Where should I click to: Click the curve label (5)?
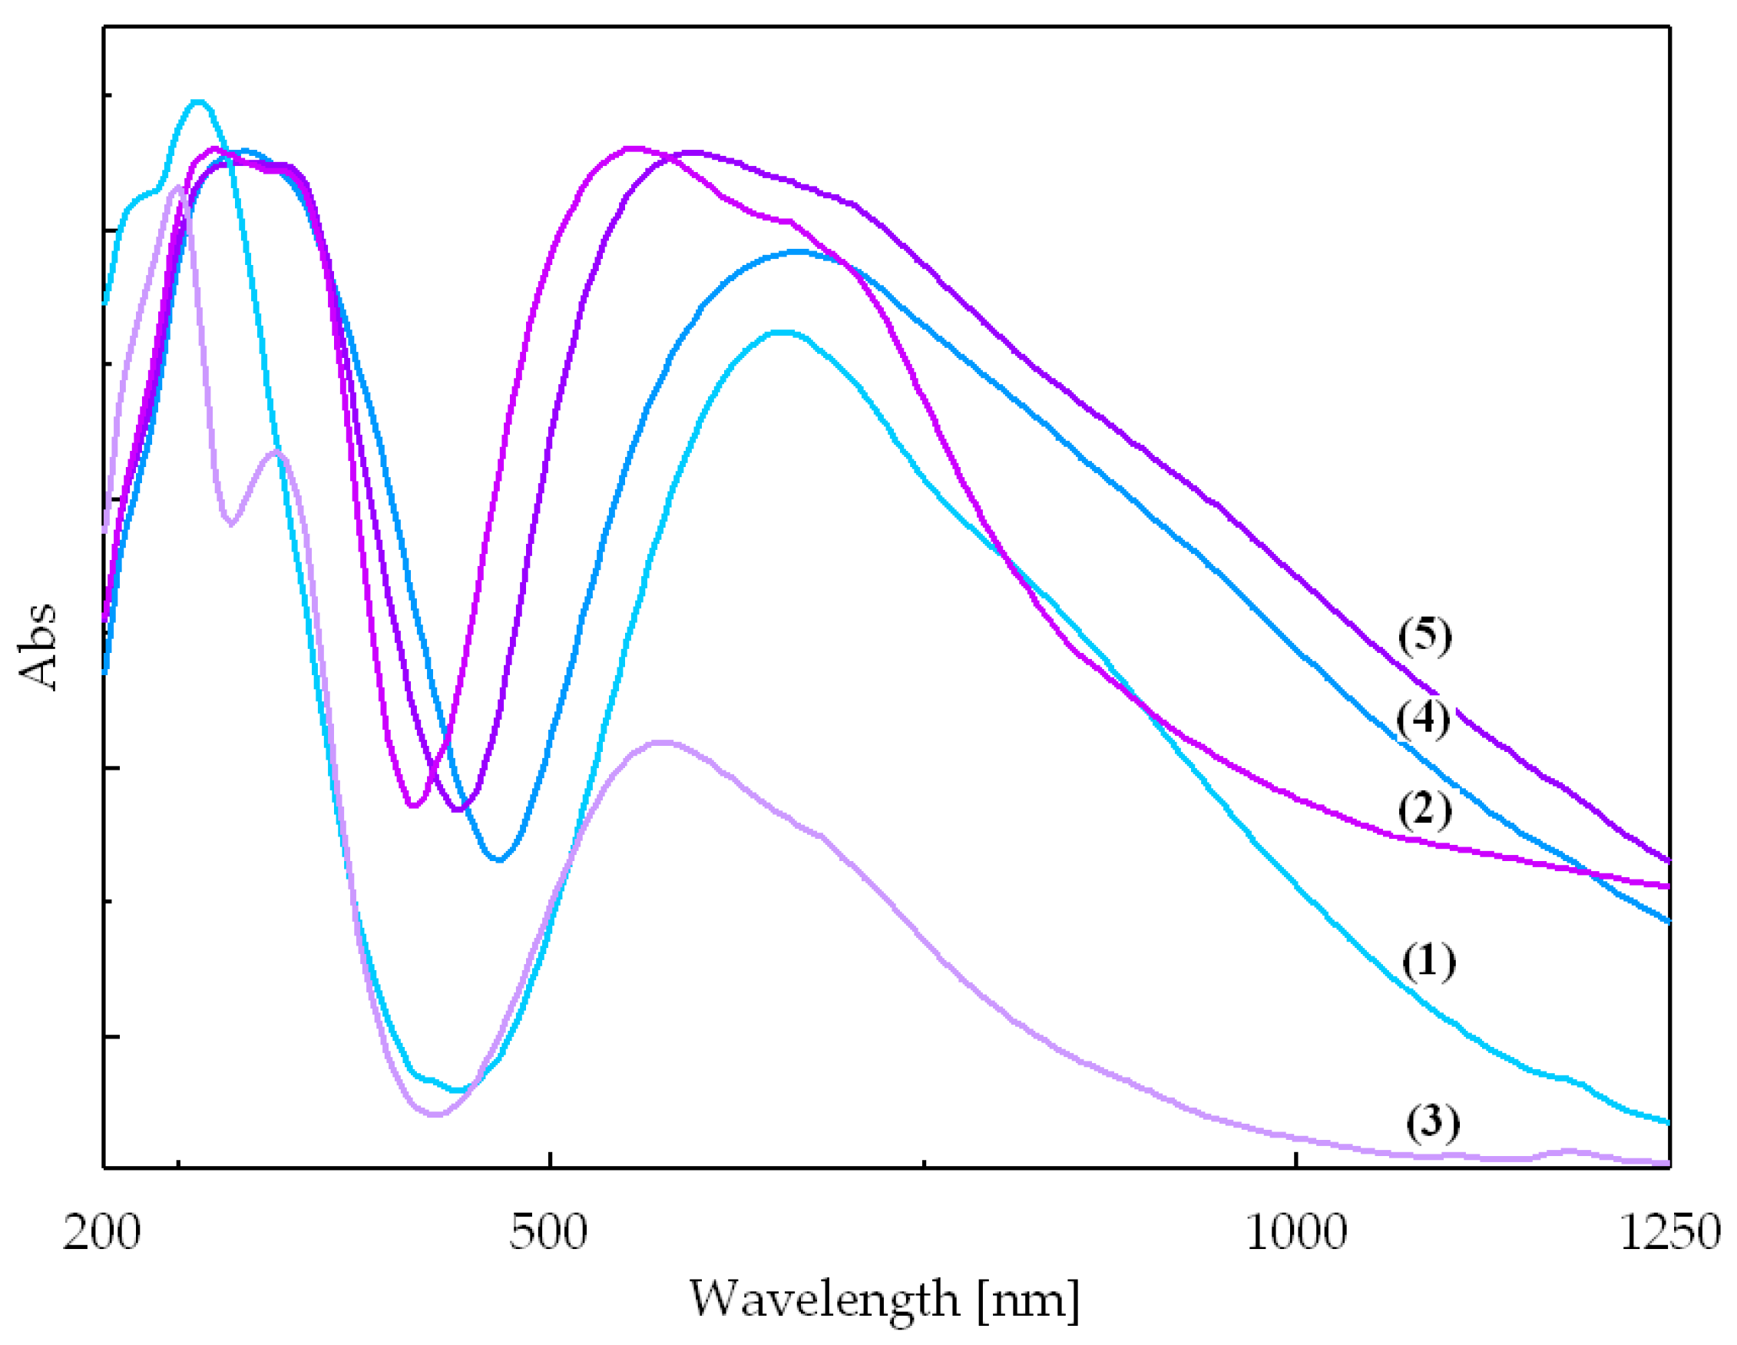tap(1424, 636)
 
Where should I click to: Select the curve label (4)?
tap(1423, 720)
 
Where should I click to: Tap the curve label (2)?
tap(1424, 810)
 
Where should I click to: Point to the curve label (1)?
tap(1428, 962)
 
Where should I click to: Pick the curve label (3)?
tap(1432, 1122)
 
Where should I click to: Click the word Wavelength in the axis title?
tap(824, 1300)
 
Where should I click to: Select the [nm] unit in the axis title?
tap(1028, 1301)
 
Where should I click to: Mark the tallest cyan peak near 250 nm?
tap(199, 102)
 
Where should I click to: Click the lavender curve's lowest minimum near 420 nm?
tap(435, 1115)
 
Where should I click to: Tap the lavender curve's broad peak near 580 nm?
tap(662, 742)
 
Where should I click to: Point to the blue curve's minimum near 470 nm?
tap(498, 860)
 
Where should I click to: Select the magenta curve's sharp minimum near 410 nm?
tap(412, 806)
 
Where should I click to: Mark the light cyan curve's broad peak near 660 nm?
tap(783, 333)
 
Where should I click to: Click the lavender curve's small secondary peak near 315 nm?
tap(276, 452)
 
